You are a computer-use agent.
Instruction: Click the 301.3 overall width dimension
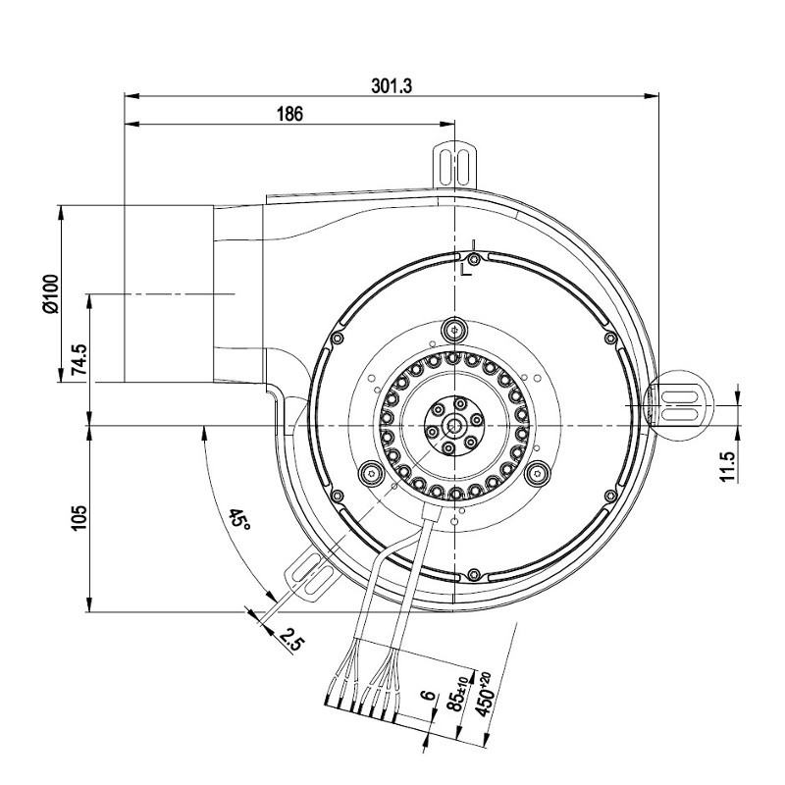[392, 86]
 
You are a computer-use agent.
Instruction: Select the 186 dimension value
[289, 114]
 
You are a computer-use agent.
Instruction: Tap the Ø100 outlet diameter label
[51, 293]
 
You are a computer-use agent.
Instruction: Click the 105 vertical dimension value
[79, 518]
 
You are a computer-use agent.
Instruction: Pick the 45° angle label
[239, 520]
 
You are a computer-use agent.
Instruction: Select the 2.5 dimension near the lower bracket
[291, 640]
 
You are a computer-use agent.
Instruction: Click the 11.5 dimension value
[729, 466]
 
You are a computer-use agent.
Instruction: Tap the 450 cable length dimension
[484, 694]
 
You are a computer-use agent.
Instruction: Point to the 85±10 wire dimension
[459, 694]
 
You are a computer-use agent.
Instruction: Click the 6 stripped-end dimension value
[427, 695]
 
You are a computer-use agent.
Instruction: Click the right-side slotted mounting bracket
[679, 405]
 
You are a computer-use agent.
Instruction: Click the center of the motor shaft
[455, 426]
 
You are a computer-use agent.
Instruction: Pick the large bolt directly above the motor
[454, 330]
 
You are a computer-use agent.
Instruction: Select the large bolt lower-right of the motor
[538, 472]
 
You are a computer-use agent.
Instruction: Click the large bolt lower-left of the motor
[371, 472]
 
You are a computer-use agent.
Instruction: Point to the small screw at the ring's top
[473, 259]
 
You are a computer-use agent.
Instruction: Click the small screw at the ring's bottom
[473, 574]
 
